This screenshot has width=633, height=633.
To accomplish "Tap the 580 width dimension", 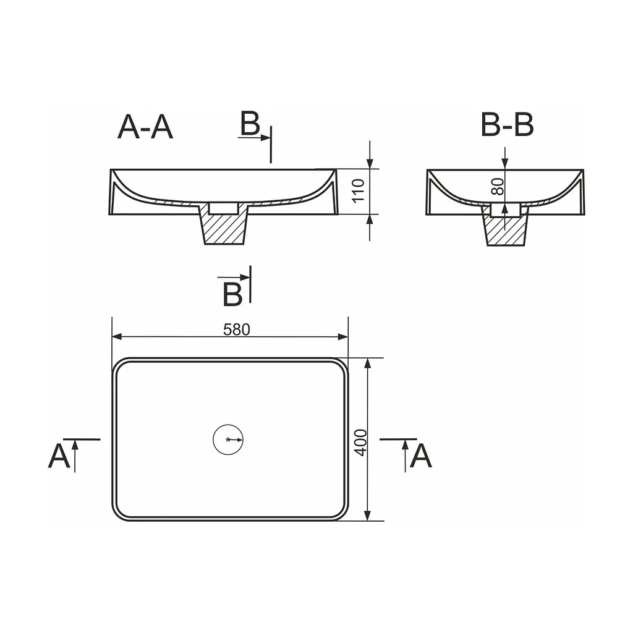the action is pyautogui.click(x=237, y=330).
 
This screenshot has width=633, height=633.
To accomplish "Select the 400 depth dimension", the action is pyautogui.click(x=360, y=443).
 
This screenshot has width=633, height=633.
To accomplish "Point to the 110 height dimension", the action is pyautogui.click(x=358, y=190).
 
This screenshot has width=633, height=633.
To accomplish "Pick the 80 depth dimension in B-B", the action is pyautogui.click(x=498, y=187).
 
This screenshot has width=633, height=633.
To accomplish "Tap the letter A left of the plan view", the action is pyautogui.click(x=59, y=456).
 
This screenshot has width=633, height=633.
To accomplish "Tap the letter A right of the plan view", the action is pyautogui.click(x=420, y=456).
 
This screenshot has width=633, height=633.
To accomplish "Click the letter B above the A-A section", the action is pyautogui.click(x=250, y=123).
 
